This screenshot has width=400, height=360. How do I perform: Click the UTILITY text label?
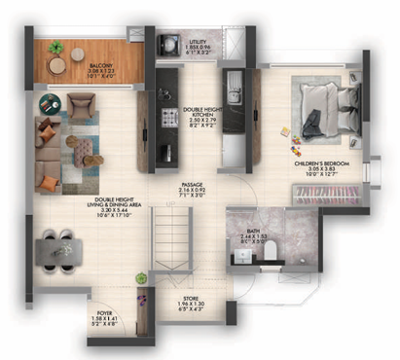click(x=199, y=43)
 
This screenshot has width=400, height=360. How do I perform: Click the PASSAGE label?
click(x=191, y=191)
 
